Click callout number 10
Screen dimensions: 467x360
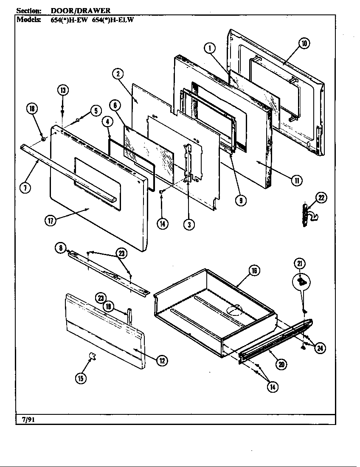pos(304,42)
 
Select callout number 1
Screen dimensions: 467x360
pos(210,48)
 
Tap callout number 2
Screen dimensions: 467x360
pos(118,74)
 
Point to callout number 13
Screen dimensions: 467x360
pos(62,90)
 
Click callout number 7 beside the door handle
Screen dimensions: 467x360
pos(25,188)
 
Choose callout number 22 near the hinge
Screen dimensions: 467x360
pos(321,197)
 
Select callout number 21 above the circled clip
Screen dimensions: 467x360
pos(300,264)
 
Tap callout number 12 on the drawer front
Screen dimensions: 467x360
pos(161,360)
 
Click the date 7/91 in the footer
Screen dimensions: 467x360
pos(29,420)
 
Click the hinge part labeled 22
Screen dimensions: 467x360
pos(305,213)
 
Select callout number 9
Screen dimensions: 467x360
pos(241,201)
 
